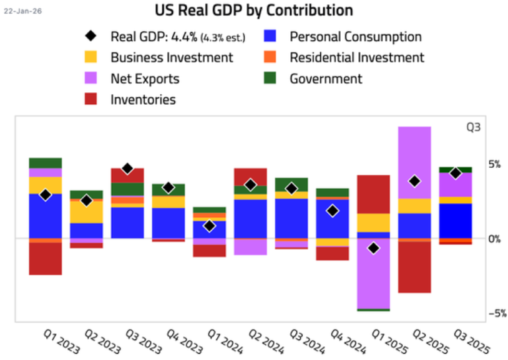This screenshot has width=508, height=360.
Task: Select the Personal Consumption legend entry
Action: [x=355, y=37]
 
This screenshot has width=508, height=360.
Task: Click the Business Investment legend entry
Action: [x=172, y=57]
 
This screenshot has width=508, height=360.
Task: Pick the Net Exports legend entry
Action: [x=145, y=79]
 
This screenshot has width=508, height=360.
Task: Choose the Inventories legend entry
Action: [x=143, y=99]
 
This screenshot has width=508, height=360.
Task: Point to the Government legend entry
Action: [x=325, y=79]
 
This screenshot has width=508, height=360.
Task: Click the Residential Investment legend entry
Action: [x=356, y=57]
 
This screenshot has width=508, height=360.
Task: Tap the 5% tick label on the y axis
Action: [x=494, y=165]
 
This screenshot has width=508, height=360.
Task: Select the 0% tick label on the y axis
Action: [x=494, y=239]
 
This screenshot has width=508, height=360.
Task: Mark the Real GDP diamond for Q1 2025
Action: [x=374, y=248]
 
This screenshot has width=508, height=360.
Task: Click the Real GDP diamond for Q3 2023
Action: [x=127, y=168]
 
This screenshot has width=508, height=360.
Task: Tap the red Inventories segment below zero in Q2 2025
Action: [x=414, y=266]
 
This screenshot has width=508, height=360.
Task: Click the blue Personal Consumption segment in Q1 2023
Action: [x=45, y=216]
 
